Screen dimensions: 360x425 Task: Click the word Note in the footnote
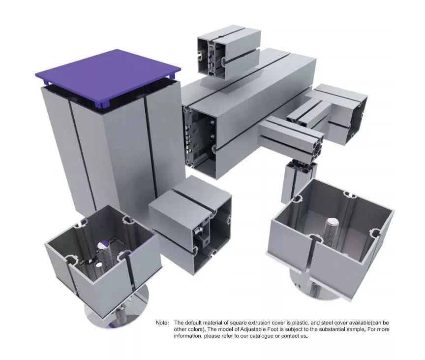[x=162, y=323]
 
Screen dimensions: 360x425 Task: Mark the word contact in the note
[x=291, y=336]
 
